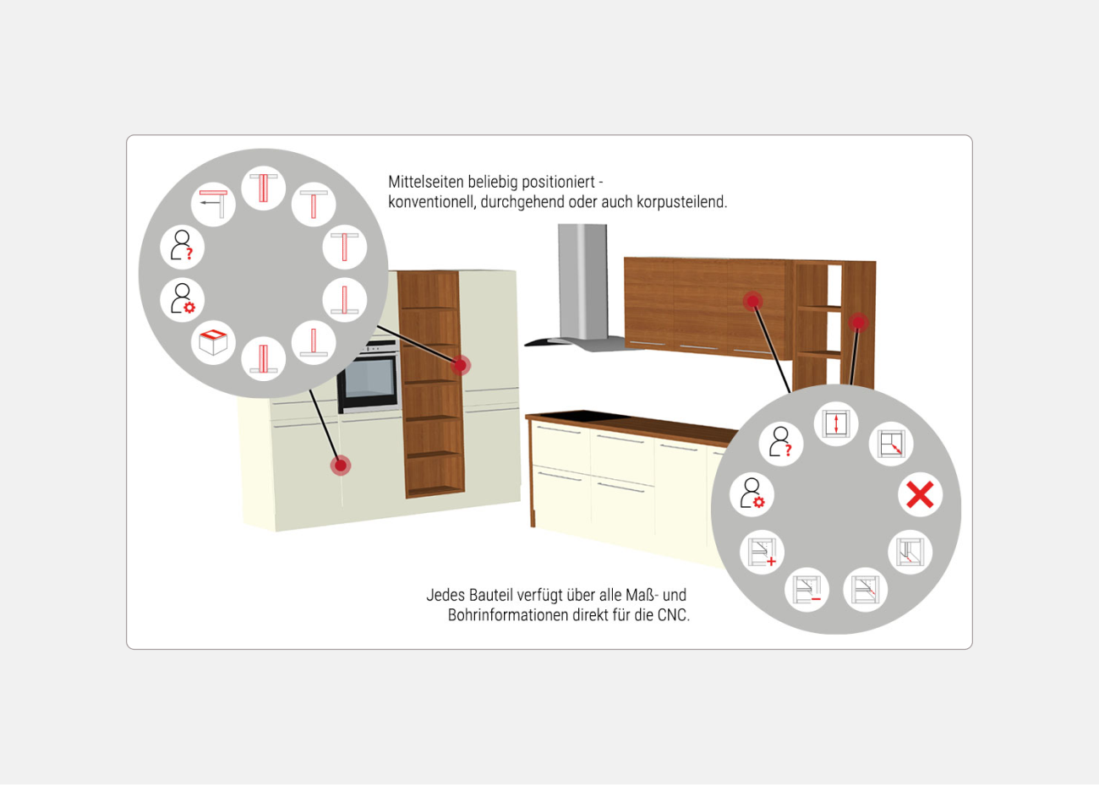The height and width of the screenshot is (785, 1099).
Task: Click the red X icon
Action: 920,494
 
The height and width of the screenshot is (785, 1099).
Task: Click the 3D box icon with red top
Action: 213,341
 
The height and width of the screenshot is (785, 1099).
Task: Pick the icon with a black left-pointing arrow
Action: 213,204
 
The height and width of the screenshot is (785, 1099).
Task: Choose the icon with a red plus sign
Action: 762,552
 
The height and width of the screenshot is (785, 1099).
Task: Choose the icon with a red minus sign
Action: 807,590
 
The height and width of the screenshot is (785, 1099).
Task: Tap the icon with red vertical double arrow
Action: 836,423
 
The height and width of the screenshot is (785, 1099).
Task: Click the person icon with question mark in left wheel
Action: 182,247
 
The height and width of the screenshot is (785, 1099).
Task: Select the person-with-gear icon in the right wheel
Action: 752,494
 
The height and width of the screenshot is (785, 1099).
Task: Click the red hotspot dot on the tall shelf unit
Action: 460,365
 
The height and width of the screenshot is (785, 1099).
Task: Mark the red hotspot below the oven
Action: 341,466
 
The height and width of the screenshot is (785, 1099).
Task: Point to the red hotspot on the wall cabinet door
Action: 752,301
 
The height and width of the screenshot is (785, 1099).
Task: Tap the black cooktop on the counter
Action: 573,417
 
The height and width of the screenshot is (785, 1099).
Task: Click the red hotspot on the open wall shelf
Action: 859,322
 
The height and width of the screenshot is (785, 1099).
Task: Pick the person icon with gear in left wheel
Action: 182,300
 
